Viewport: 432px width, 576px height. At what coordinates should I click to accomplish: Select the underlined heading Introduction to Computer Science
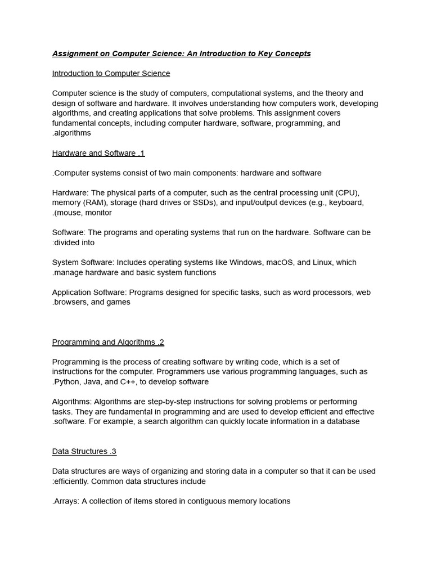[111, 73]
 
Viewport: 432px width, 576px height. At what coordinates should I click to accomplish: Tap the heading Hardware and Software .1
[98, 153]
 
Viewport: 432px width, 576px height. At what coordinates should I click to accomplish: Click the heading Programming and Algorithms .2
[108, 342]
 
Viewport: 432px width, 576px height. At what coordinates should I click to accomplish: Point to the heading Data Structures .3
[84, 451]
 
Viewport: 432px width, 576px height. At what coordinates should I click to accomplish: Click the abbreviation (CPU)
[347, 192]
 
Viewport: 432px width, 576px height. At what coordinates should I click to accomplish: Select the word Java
[93, 382]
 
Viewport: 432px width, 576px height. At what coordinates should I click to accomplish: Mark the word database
[342, 421]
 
